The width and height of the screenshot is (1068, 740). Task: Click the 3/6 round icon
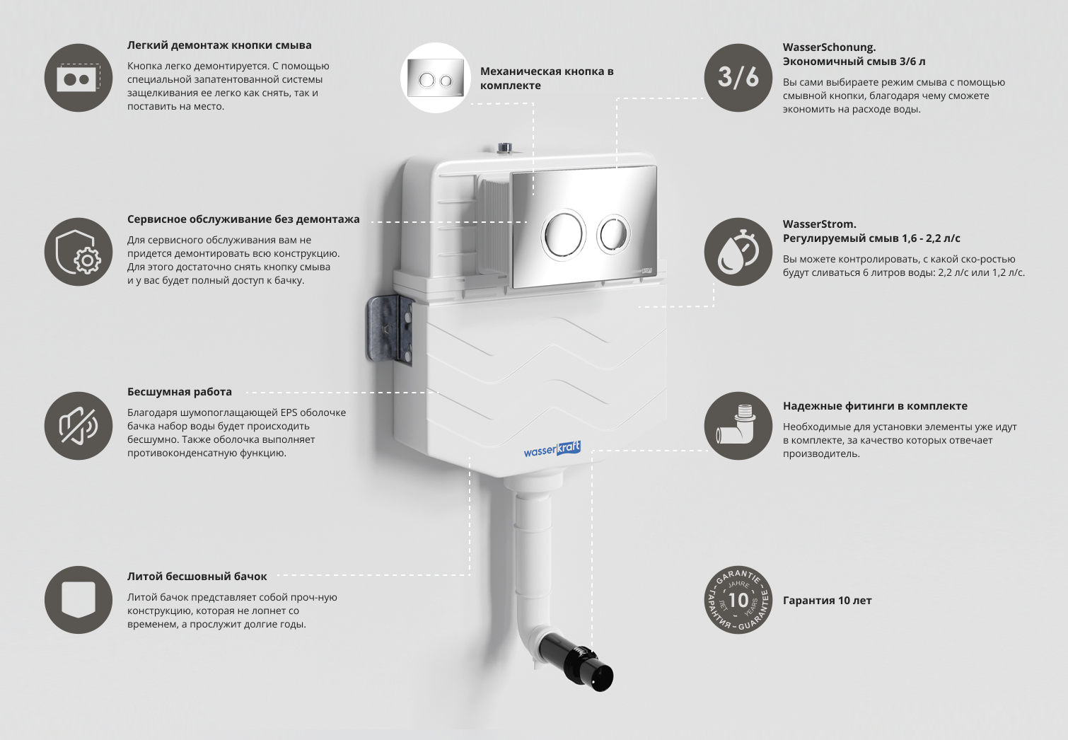tap(738, 78)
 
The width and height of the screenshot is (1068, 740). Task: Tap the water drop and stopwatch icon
tap(738, 252)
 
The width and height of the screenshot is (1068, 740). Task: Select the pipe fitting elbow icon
tap(738, 426)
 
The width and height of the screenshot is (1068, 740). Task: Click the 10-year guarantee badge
tap(738, 600)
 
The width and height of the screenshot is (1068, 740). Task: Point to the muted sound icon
tap(79, 426)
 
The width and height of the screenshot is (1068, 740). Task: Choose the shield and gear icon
tap(79, 252)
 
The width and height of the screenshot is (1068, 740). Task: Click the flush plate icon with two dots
tap(79, 78)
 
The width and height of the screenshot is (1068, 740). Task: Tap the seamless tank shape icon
tap(79, 600)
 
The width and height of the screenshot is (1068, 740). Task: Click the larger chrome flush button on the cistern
tap(563, 234)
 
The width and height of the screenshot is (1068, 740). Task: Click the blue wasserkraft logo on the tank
tap(552, 449)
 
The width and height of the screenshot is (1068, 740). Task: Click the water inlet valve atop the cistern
tap(505, 148)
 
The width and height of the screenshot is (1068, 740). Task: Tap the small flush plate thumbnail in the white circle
tap(435, 79)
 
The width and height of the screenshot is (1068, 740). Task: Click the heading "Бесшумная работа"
tap(179, 392)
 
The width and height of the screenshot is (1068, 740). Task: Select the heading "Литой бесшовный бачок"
tap(197, 577)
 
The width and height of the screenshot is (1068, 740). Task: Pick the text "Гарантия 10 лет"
tap(828, 601)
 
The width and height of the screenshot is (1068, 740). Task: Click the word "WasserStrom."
tap(820, 224)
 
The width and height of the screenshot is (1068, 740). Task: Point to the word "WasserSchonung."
tap(829, 47)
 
